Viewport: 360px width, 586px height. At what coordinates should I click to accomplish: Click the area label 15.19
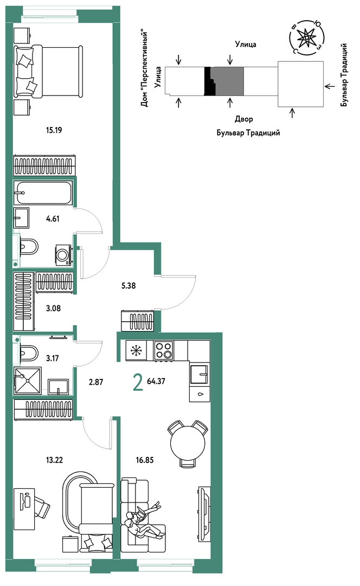click(x=54, y=130)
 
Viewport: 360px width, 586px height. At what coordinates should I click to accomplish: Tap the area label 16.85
click(x=145, y=460)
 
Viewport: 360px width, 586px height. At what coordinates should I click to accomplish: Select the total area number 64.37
click(x=156, y=381)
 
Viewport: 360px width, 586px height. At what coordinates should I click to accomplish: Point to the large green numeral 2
click(x=138, y=383)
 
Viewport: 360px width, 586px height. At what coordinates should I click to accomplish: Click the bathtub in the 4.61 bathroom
click(x=43, y=193)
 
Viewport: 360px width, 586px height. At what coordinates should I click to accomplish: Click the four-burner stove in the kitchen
click(x=164, y=351)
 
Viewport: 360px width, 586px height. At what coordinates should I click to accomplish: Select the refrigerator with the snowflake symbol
click(x=136, y=351)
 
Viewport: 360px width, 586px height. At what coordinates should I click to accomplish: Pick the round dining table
click(x=188, y=444)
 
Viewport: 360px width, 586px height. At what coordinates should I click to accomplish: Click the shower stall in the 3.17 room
click(x=28, y=380)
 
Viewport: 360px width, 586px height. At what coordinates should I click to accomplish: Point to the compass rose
click(x=306, y=37)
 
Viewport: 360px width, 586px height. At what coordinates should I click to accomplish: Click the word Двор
click(x=244, y=119)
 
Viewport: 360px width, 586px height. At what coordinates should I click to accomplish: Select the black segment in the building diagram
click(x=210, y=81)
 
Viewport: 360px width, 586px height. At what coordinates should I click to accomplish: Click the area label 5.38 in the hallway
click(x=128, y=285)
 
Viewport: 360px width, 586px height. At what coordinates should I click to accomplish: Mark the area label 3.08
click(x=53, y=308)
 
